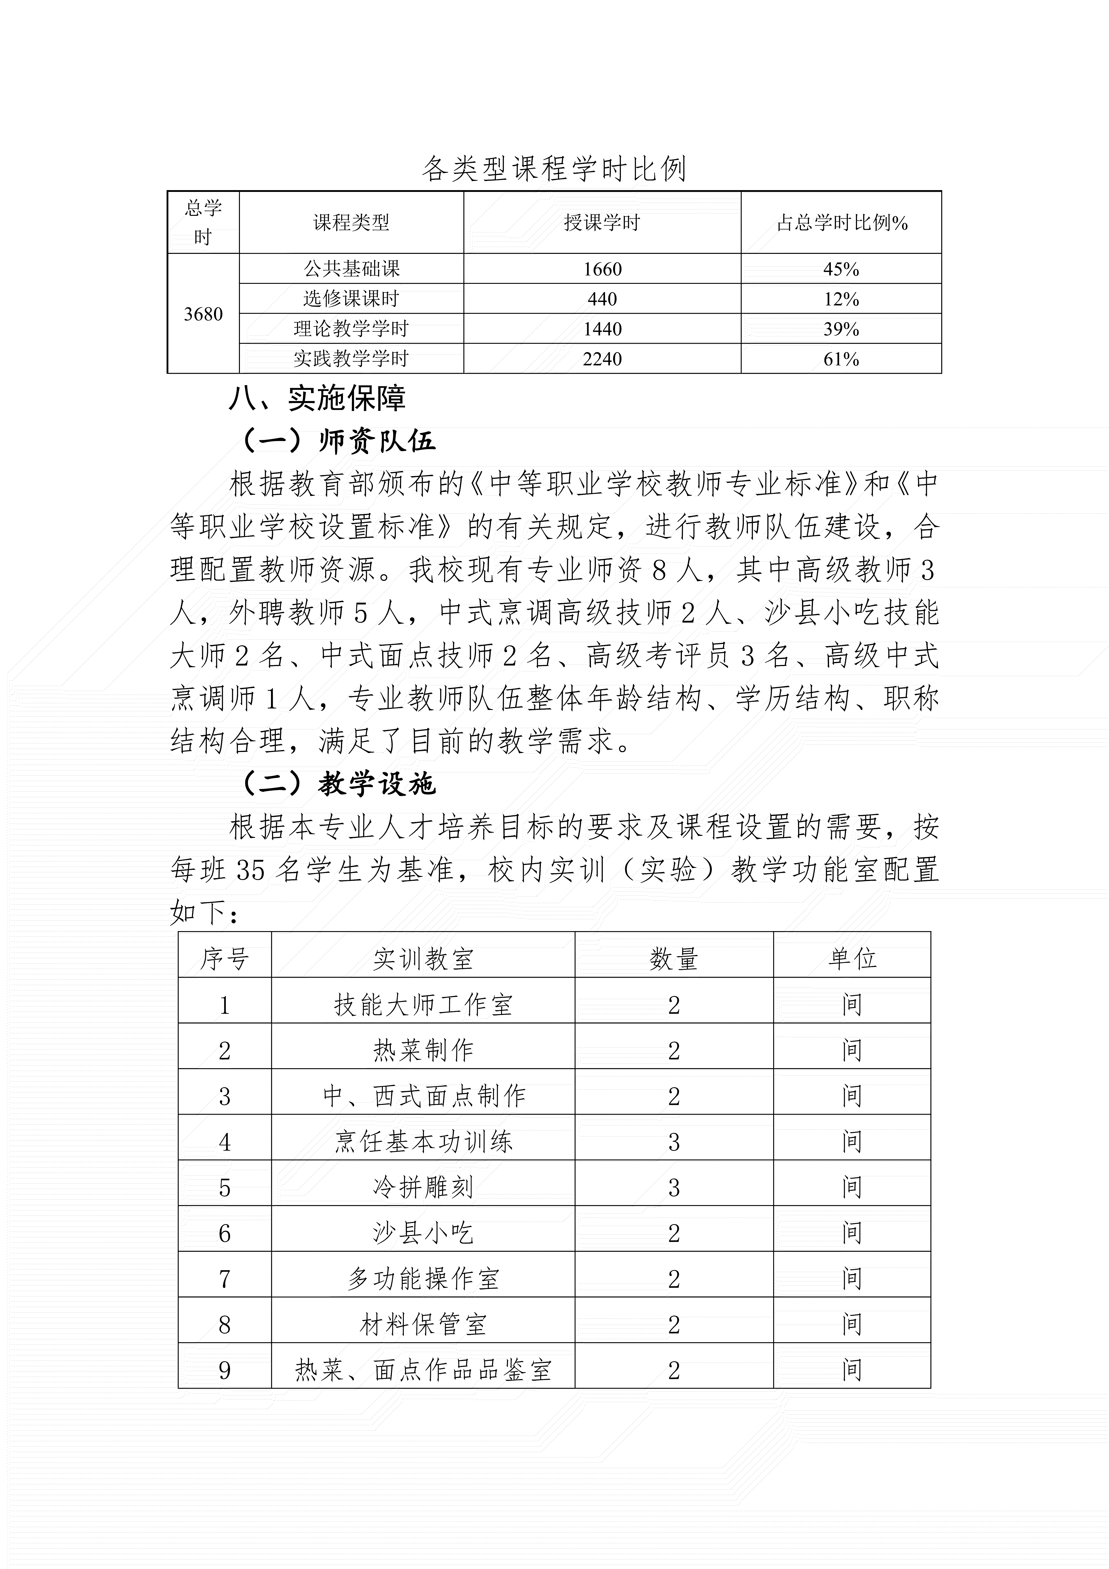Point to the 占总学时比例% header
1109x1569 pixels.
(841, 223)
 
